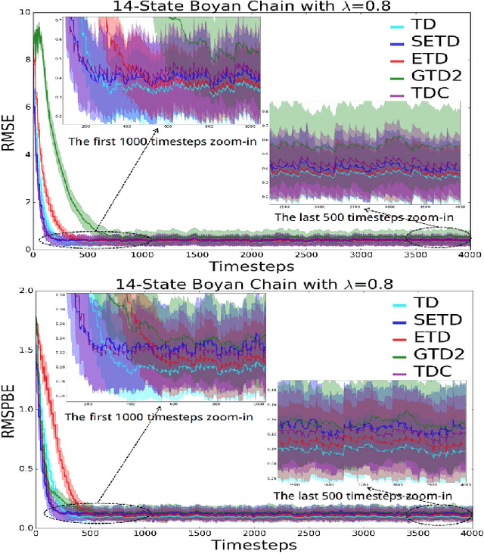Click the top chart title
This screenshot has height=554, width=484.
point(227,7)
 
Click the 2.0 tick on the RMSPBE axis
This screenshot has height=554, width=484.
point(22,291)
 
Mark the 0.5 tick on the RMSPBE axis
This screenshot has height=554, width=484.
point(22,468)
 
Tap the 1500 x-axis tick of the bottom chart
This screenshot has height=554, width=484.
point(198,534)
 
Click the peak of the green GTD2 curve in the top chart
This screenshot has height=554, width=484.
point(39,28)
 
